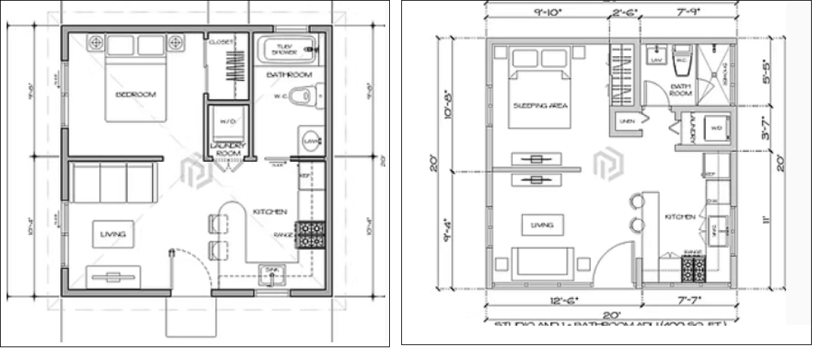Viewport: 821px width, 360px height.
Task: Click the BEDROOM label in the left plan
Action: [136, 94]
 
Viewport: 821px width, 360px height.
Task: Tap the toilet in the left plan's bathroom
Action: [306, 94]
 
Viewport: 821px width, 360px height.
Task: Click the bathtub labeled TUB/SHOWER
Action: [288, 50]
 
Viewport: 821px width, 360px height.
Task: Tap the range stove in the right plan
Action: [692, 268]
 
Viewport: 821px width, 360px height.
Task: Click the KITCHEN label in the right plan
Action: [680, 217]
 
